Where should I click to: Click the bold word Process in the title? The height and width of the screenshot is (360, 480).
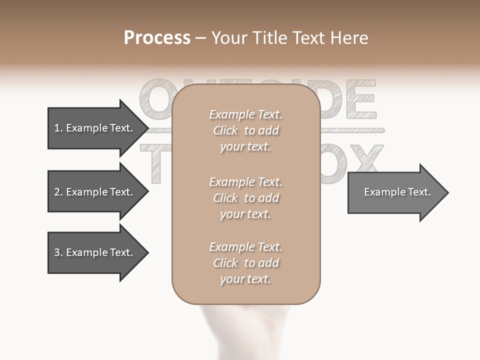click(157, 38)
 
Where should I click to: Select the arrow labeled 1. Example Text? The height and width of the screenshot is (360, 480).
click(93, 128)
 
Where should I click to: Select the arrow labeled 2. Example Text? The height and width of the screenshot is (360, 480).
click(93, 192)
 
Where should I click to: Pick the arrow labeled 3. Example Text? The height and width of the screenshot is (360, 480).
click(93, 252)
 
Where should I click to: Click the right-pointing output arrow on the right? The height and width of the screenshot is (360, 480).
click(395, 192)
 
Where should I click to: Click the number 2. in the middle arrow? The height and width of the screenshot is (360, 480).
click(58, 192)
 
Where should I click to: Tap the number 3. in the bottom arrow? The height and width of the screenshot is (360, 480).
click(58, 252)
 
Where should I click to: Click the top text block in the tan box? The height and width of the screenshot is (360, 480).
click(245, 130)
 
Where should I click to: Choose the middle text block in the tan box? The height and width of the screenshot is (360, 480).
click(245, 198)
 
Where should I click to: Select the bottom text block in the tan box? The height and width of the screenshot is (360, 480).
click(245, 263)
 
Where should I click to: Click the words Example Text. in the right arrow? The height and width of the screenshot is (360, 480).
click(397, 192)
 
